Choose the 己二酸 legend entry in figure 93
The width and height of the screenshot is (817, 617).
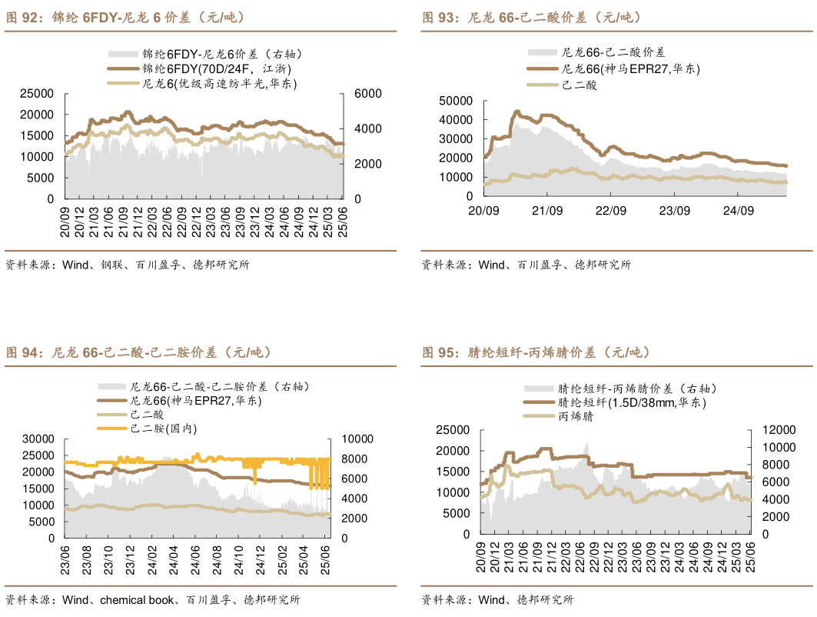pyautogui.click(x=580, y=85)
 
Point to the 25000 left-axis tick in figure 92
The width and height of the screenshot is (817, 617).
pyautogui.click(x=37, y=94)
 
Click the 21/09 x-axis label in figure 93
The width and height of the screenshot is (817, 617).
pyautogui.click(x=547, y=210)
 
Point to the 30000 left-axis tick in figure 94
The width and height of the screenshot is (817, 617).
pyautogui.click(x=37, y=439)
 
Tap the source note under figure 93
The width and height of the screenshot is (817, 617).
pyautogui.click(x=526, y=265)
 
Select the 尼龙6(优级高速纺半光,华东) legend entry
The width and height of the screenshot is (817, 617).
pyautogui.click(x=219, y=83)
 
